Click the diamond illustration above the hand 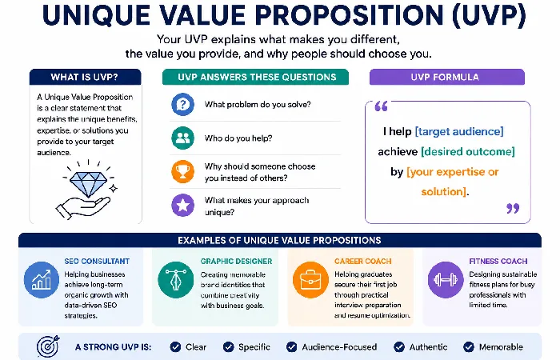coord(88,183)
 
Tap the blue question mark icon coord(183,104)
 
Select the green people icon coord(183,138)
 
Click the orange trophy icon coord(183,171)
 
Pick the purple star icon coord(183,205)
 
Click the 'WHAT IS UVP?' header coord(85,77)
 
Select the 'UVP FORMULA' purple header coord(446,77)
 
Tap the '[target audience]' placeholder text coord(459,131)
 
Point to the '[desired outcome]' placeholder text coord(468,151)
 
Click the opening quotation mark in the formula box coord(381,106)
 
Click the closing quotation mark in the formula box coord(513,208)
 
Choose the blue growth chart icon coord(42,280)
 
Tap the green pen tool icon coord(176,280)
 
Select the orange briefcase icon coord(310,280)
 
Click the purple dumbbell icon coord(446,280)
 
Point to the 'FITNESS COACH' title coord(498,261)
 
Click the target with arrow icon coord(48,346)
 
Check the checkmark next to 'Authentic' coord(399,346)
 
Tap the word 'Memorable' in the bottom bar coord(501,346)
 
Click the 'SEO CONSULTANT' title coord(97,261)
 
